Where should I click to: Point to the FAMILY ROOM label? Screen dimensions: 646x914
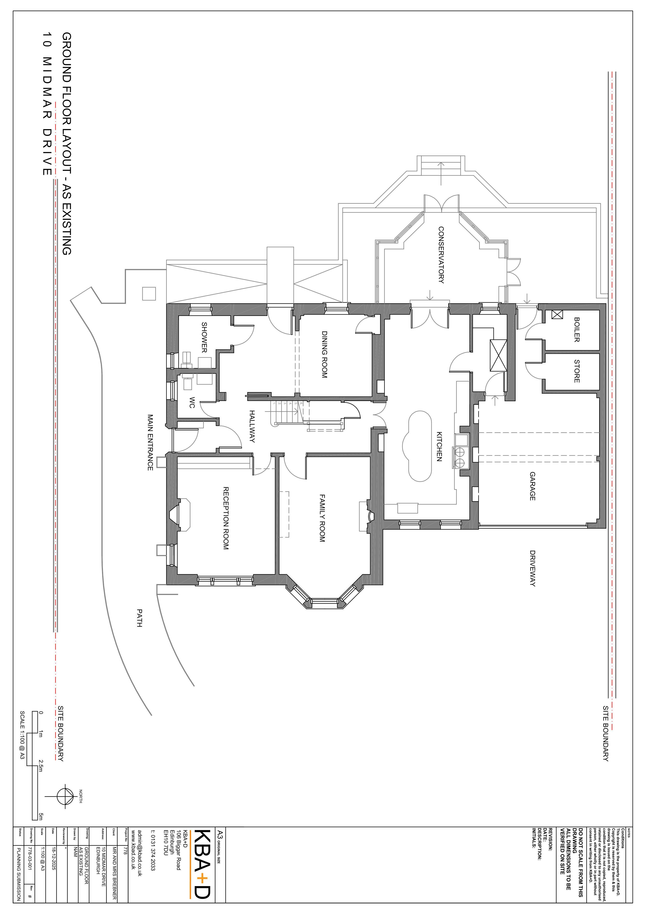click(x=322, y=518)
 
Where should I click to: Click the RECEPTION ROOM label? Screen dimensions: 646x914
click(x=225, y=518)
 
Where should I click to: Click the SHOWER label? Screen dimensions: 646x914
click(x=204, y=338)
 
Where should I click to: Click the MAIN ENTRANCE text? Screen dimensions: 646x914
click(x=150, y=442)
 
